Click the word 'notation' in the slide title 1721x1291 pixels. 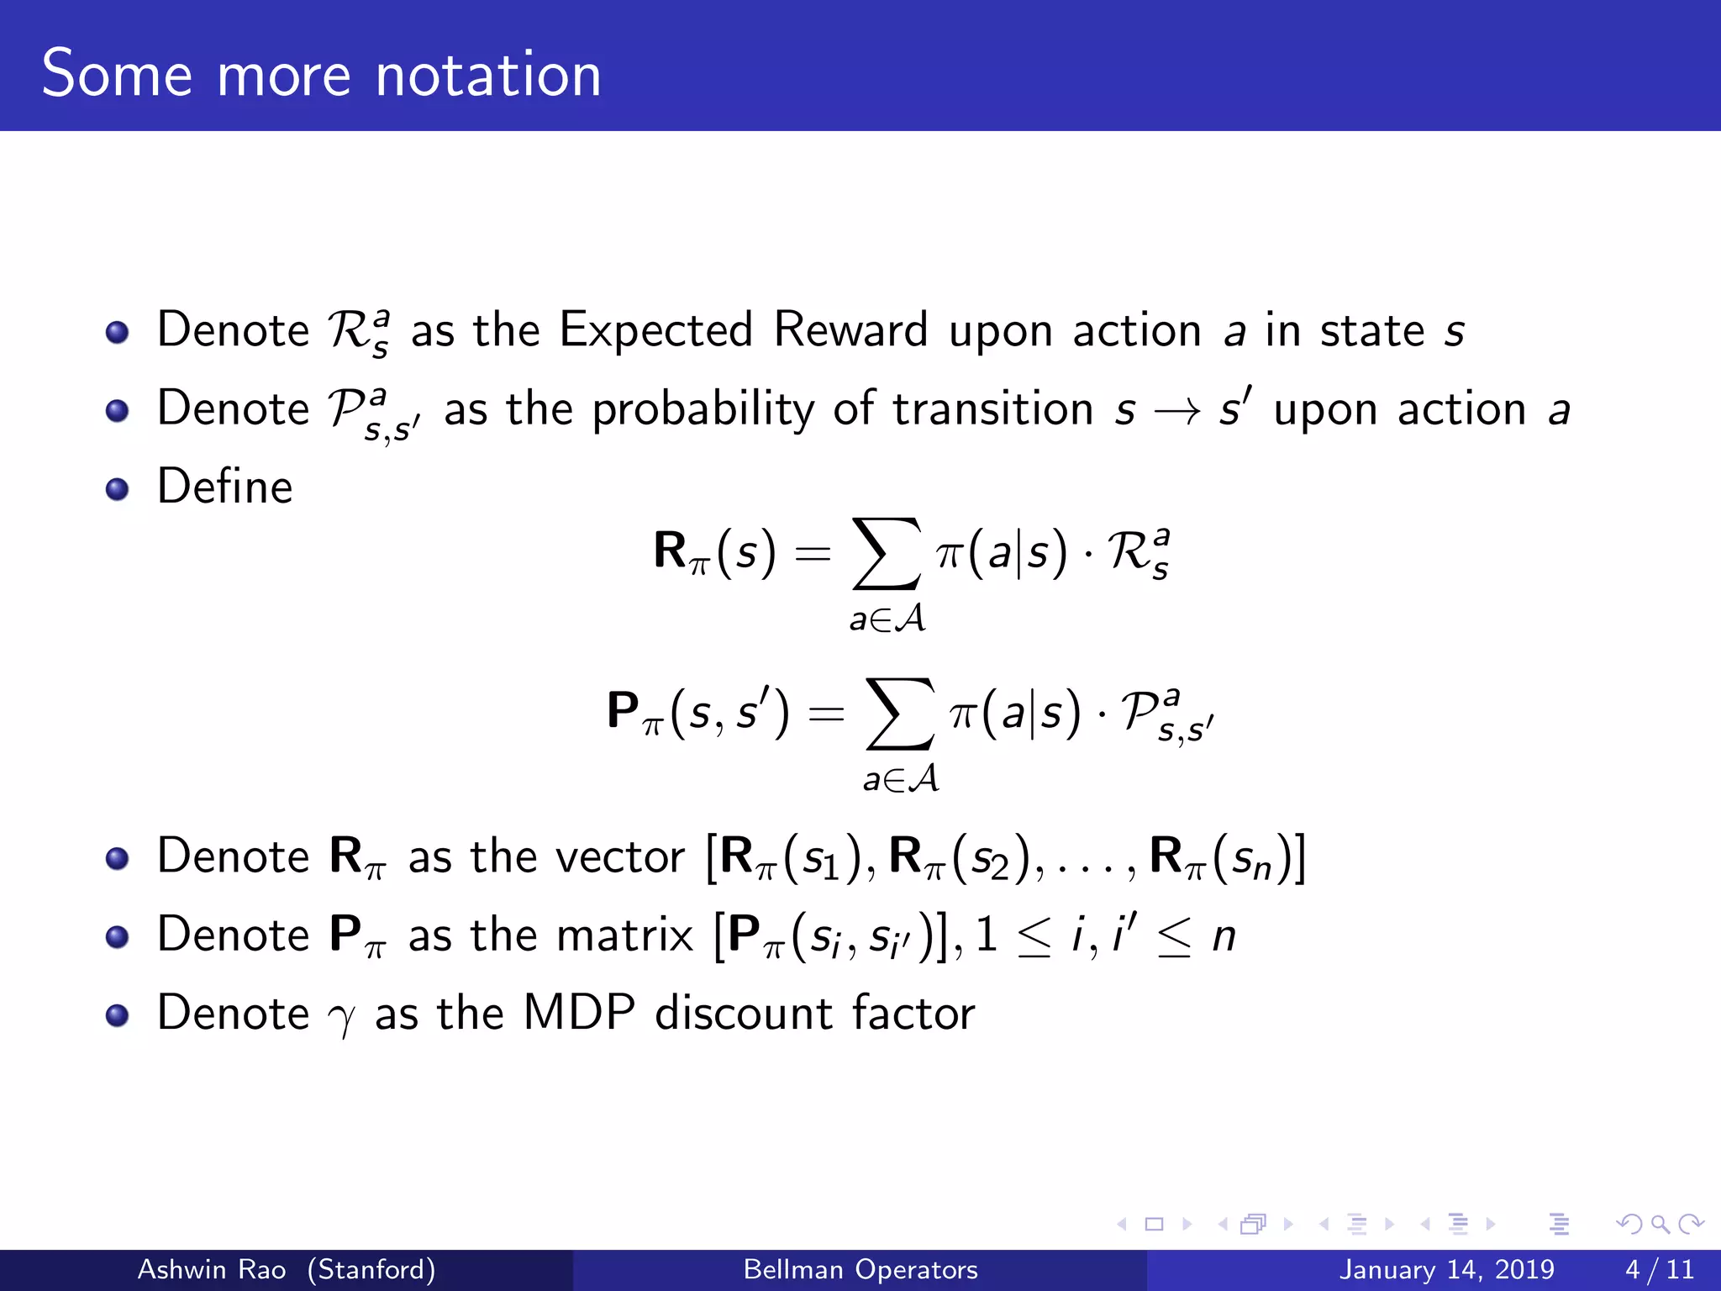click(488, 76)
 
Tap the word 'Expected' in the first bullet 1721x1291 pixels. click(655, 330)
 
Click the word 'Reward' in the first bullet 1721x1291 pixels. click(850, 330)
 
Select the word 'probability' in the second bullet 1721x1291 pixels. click(703, 411)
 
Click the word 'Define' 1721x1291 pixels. click(225, 487)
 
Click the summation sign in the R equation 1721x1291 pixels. click(887, 553)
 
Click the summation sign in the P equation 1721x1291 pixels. click(900, 714)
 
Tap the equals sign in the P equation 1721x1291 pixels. click(825, 714)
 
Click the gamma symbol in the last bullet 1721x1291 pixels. click(341, 1018)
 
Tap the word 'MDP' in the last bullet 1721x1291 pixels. click(579, 1013)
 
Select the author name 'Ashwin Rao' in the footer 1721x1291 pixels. click(212, 1269)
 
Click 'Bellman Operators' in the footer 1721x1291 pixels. click(860, 1269)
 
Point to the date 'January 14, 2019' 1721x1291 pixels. click(1446, 1269)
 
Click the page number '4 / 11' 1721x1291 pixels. click(1660, 1269)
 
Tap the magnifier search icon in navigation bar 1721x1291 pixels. click(1660, 1225)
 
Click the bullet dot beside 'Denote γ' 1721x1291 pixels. click(118, 1015)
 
